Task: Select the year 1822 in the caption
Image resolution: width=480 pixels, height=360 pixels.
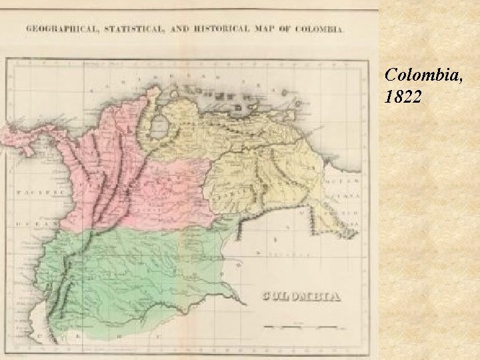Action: (x=403, y=97)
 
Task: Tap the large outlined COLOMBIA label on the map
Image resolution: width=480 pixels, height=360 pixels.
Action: (x=301, y=297)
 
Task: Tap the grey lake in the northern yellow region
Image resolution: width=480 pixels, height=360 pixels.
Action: (x=159, y=125)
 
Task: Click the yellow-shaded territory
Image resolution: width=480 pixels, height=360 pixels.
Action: (x=267, y=160)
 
